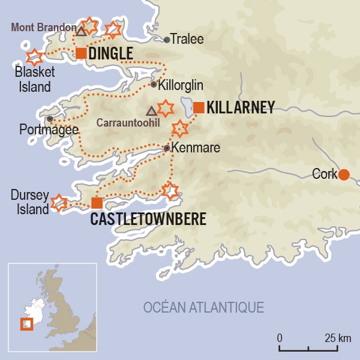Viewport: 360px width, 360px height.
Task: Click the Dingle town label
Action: [110, 53]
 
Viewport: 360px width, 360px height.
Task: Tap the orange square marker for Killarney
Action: [199, 107]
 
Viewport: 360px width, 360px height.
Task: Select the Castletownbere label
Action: [148, 219]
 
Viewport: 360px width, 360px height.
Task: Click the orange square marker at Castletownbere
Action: [97, 202]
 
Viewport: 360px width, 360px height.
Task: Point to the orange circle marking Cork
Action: [344, 175]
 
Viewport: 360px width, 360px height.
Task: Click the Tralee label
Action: [187, 40]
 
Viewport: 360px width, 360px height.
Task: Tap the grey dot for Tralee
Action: [167, 40]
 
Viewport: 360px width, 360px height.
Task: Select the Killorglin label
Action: [178, 85]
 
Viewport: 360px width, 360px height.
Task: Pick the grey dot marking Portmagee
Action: [50, 119]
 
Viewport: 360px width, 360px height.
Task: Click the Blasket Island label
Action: [35, 79]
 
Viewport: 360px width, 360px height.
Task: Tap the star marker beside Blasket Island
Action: [35, 58]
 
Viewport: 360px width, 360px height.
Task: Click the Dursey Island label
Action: [29, 202]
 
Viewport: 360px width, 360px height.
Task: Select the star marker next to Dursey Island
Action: [58, 202]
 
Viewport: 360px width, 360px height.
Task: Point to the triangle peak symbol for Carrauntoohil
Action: [151, 110]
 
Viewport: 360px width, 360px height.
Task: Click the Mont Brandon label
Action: [41, 28]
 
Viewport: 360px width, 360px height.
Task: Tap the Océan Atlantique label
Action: [203, 307]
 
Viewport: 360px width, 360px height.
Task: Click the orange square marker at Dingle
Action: [81, 53]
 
